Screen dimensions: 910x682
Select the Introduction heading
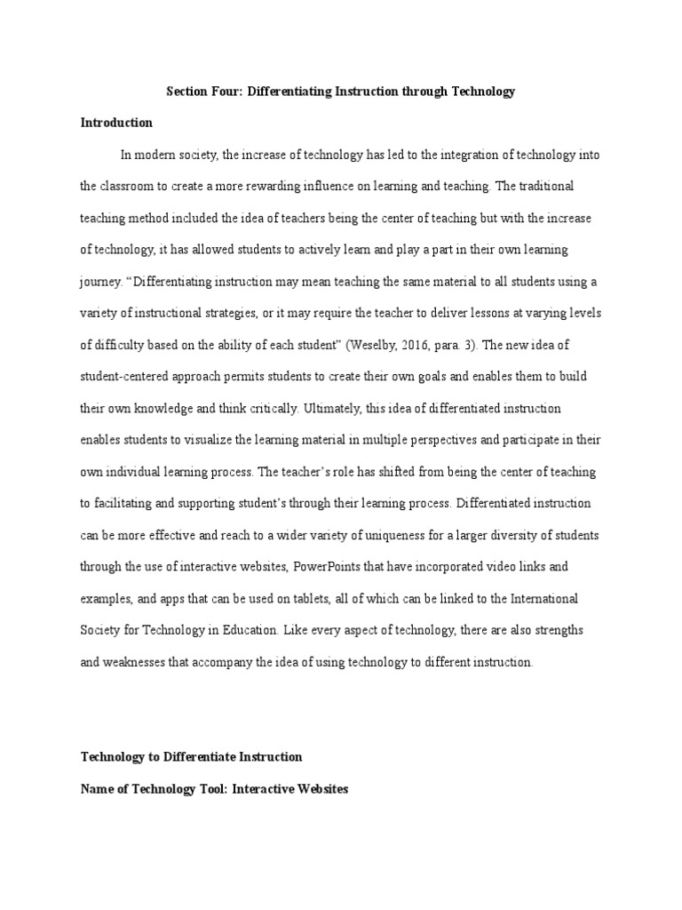tap(116, 123)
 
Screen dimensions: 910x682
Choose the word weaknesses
tap(138, 662)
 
